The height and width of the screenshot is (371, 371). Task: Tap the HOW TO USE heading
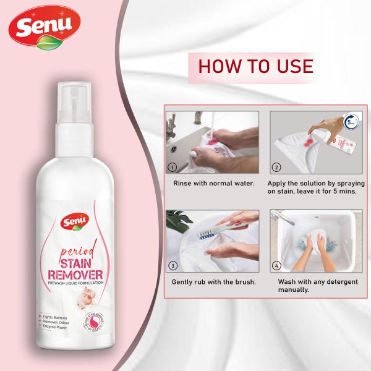tap(255, 66)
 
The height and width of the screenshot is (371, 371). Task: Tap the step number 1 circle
tap(173, 167)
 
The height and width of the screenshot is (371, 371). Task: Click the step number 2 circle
tap(276, 167)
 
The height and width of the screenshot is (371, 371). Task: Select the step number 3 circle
tap(173, 266)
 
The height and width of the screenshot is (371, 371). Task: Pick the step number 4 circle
tap(276, 267)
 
